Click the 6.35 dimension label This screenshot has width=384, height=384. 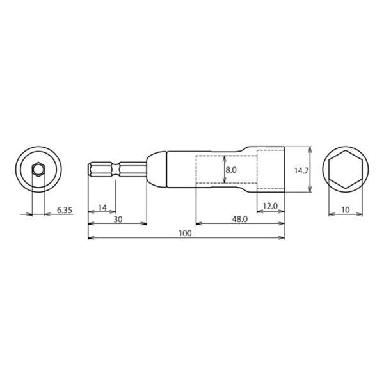65,210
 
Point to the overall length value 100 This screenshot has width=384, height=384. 186,234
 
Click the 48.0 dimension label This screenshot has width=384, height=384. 239,219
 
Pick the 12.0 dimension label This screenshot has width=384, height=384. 270,206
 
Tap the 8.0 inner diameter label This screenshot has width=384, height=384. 231,171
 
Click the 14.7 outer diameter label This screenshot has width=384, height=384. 301,171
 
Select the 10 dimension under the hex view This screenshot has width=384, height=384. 346,210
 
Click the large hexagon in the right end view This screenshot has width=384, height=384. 346,170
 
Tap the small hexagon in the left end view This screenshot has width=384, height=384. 38,170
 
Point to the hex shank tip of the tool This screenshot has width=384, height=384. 92,170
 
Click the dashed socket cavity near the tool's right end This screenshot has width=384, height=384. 269,170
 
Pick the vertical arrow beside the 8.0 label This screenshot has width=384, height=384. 222,170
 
